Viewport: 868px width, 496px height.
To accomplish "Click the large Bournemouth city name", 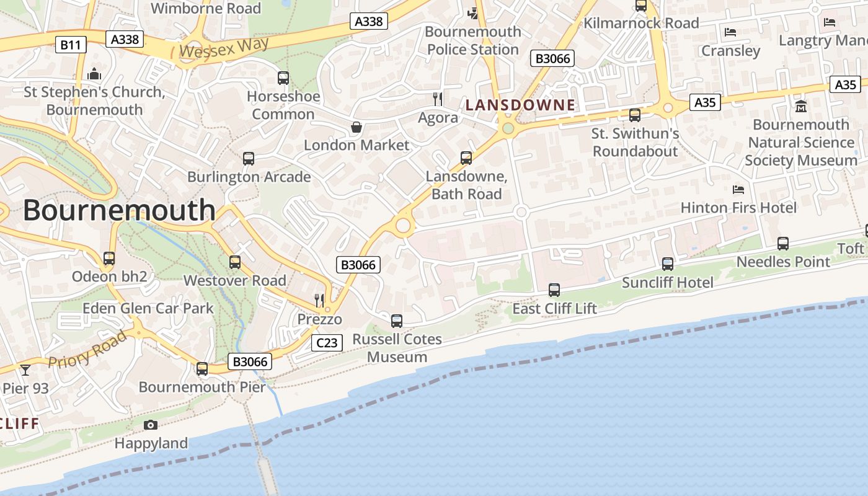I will pos(119,211).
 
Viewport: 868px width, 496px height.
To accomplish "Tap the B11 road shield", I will pos(71,45).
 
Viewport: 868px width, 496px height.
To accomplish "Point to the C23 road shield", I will pos(327,343).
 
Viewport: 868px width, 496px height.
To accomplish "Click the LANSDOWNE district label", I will pos(520,105).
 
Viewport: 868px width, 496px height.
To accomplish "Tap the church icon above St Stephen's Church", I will pos(94,74).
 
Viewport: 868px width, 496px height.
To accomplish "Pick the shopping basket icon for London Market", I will pos(356,128).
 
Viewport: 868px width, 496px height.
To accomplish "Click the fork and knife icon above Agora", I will pos(438,99).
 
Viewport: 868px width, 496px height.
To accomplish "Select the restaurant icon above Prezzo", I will pos(319,301).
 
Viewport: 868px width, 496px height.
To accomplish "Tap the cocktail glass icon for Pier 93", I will pos(25,370).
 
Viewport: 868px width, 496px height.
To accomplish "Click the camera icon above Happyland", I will pos(151,425).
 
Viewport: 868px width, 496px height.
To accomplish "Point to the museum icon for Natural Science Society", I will pos(801,106).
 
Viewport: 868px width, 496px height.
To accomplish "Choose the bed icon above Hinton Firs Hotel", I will pos(738,189).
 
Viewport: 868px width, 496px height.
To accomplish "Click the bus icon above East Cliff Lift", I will pos(554,290).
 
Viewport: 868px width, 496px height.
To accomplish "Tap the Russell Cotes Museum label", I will pos(397,348).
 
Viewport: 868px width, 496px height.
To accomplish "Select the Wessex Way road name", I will pos(224,48).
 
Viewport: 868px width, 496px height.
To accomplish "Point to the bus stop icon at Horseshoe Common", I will pos(283,78).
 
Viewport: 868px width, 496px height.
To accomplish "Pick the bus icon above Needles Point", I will pos(783,244).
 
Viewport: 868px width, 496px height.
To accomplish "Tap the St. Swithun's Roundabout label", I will pos(635,143).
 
